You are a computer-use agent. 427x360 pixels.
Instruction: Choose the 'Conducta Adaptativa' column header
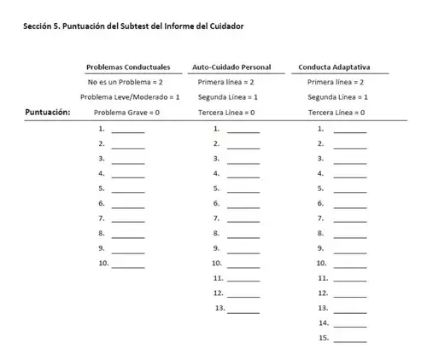(x=335, y=67)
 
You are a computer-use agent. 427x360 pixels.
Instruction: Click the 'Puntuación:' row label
(x=48, y=112)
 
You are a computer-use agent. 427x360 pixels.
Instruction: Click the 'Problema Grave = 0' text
(x=126, y=113)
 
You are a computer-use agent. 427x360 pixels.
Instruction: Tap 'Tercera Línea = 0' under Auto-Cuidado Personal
(x=225, y=113)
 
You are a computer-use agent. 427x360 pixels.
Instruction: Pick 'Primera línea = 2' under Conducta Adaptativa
(x=336, y=82)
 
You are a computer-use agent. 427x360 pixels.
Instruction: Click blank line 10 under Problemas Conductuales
(x=128, y=264)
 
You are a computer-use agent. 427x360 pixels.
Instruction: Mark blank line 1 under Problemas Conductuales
(x=128, y=130)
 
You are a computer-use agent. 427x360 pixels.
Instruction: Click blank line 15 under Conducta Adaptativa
(x=349, y=340)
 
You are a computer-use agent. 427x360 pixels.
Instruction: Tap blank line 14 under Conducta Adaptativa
(x=349, y=324)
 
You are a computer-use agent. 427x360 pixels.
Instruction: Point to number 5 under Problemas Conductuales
(x=102, y=189)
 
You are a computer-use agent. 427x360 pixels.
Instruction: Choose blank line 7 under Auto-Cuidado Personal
(x=243, y=219)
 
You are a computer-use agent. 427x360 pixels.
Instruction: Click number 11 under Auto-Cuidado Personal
(x=218, y=279)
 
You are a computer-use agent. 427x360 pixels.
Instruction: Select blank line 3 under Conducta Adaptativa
(x=349, y=160)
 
